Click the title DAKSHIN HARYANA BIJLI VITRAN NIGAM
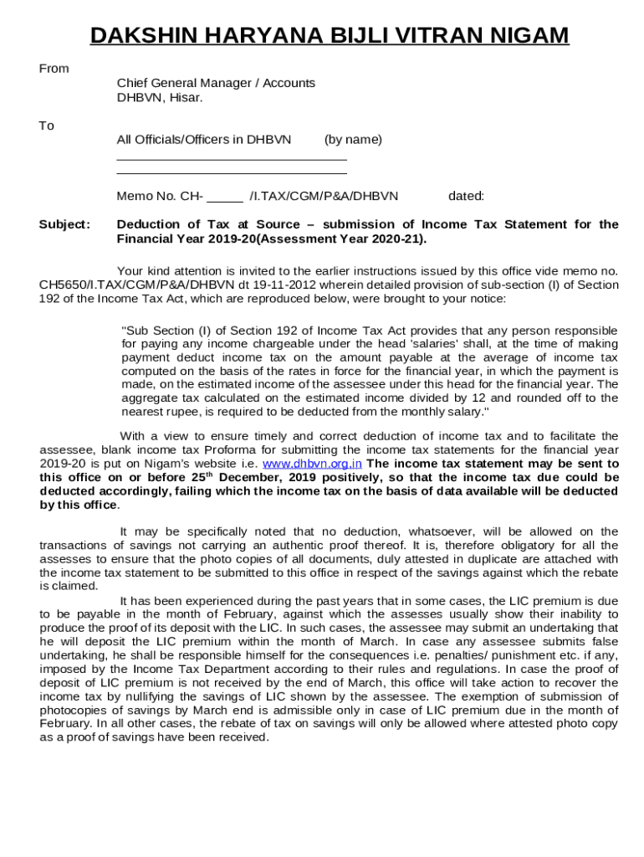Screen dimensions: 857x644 [x=330, y=35]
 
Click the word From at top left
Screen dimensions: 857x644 [x=54, y=69]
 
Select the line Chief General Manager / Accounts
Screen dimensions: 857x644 [x=216, y=83]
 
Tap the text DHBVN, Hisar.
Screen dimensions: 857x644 [x=160, y=97]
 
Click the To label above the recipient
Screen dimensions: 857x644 [x=47, y=126]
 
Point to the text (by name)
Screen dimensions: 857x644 [x=353, y=139]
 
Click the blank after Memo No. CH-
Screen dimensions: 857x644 [x=225, y=198]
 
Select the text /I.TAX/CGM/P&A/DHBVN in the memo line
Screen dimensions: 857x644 [x=325, y=197]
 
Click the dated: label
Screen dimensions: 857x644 [x=466, y=197]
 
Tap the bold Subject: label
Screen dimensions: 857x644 [x=64, y=224]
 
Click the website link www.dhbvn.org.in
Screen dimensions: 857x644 [x=312, y=464]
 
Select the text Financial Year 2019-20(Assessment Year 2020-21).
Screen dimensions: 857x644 [x=271, y=239]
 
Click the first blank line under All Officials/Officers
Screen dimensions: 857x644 [x=232, y=159]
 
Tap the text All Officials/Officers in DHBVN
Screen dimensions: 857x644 [x=204, y=139]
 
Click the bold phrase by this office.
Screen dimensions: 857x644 [x=79, y=505]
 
